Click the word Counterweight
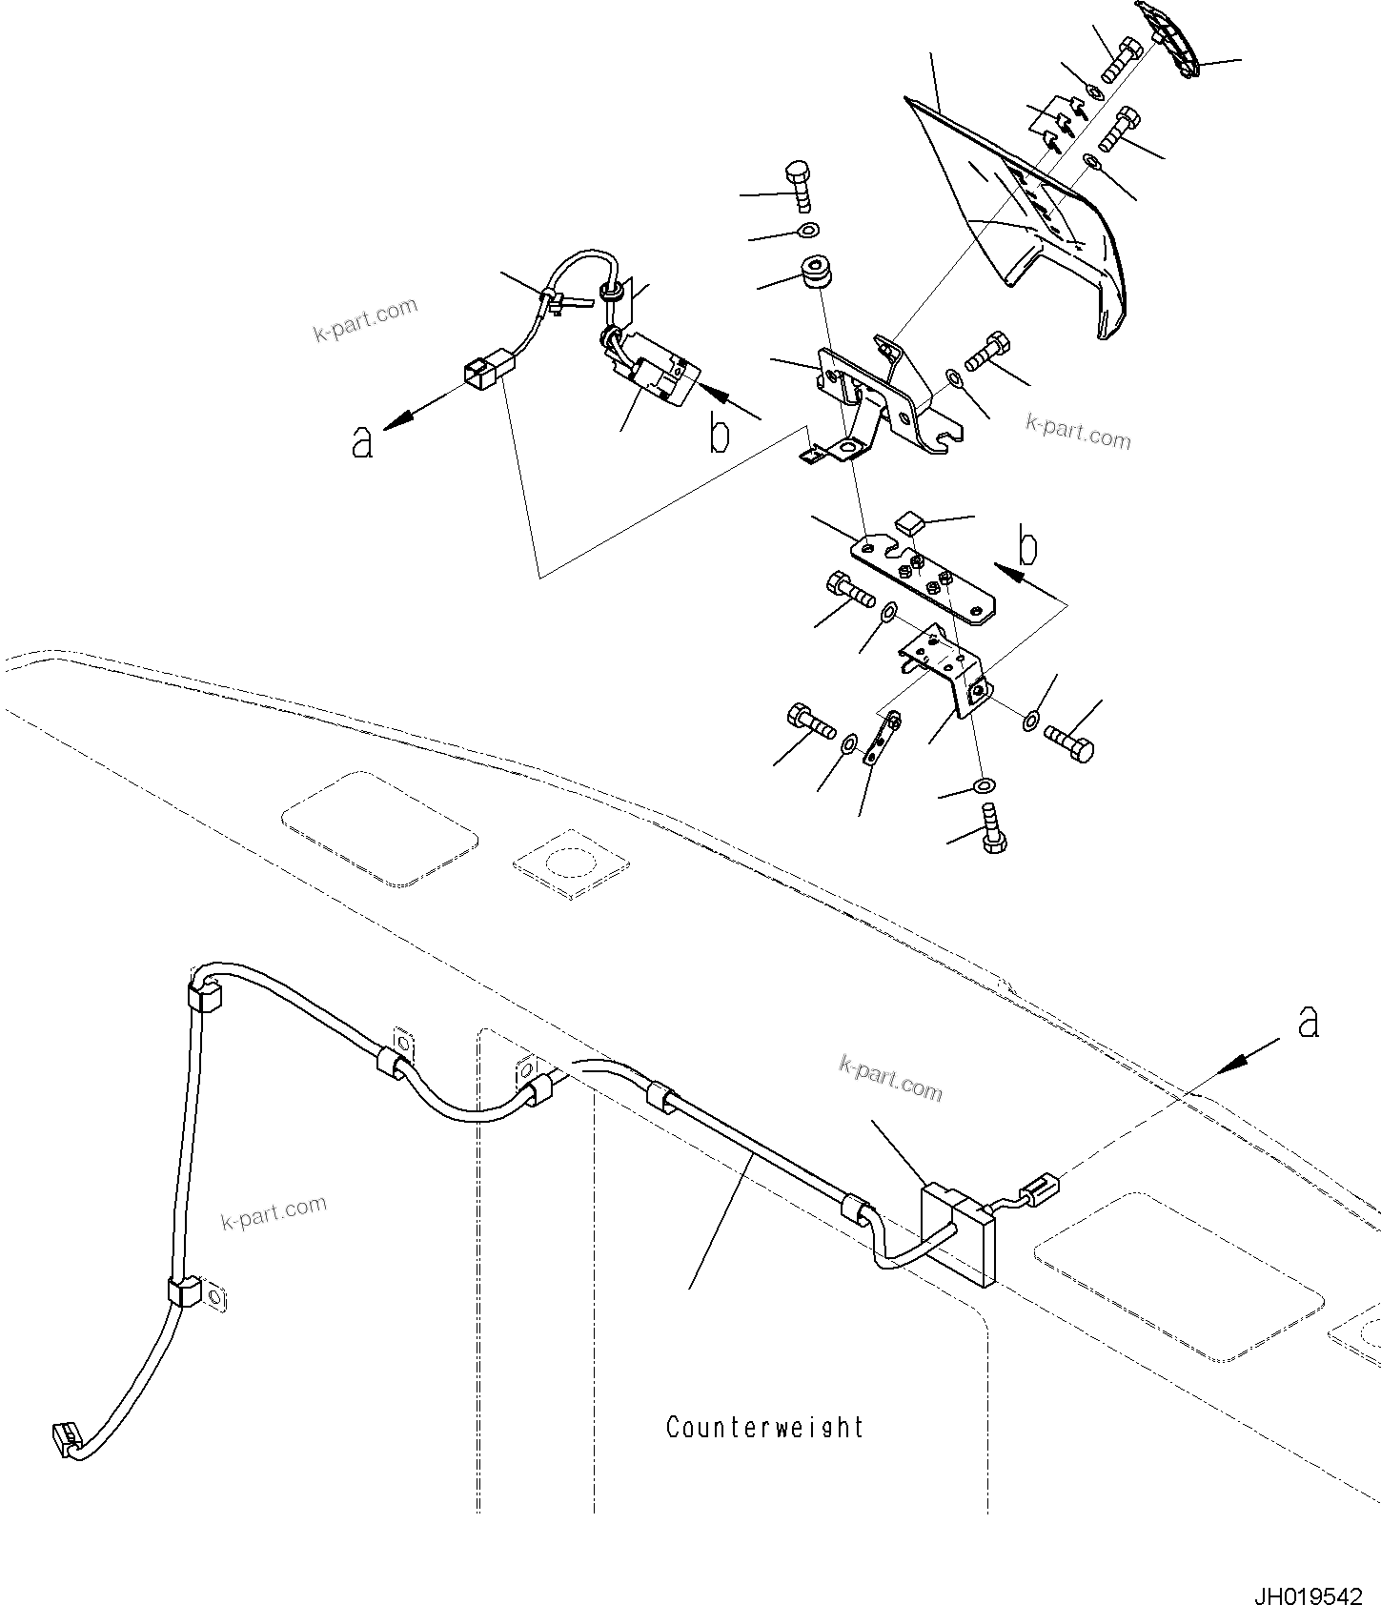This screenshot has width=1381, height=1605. (764, 1427)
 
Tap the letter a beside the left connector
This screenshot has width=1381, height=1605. (361, 442)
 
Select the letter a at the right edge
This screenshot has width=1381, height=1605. (1309, 1022)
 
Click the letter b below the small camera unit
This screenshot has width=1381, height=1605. (720, 436)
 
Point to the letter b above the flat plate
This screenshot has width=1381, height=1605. (1027, 548)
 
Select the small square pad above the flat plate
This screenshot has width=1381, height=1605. (910, 521)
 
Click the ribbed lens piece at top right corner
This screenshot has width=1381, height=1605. (1170, 40)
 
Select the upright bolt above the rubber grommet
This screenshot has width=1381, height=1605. (799, 188)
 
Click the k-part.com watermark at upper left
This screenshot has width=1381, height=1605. (366, 319)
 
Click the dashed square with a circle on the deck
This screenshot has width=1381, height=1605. (571, 863)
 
